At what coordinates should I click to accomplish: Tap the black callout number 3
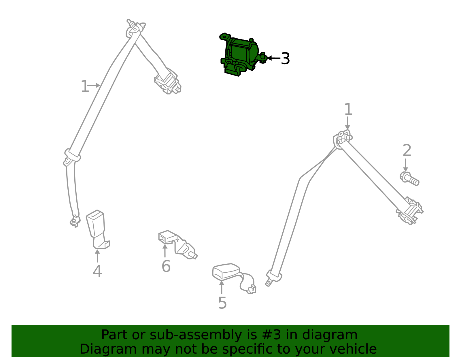pyautogui.click(x=285, y=58)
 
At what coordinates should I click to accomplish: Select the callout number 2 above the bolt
pyautogui.click(x=407, y=150)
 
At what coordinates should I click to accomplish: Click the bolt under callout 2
pyautogui.click(x=409, y=179)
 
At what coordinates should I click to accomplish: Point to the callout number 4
pyautogui.click(x=97, y=271)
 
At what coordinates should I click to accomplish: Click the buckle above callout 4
pyautogui.click(x=98, y=229)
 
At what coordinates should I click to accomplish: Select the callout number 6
pyautogui.click(x=166, y=266)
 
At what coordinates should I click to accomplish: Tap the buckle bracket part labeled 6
pyautogui.click(x=178, y=244)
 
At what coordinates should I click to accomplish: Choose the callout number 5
pyautogui.click(x=222, y=303)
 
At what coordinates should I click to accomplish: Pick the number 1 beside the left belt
pyautogui.click(x=85, y=86)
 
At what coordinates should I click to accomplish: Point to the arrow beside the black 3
pyautogui.click(x=274, y=58)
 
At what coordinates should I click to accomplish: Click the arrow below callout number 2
pyautogui.click(x=405, y=165)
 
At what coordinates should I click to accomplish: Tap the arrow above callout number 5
pyautogui.click(x=222, y=287)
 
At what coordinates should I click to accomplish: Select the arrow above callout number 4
pyautogui.click(x=97, y=256)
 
